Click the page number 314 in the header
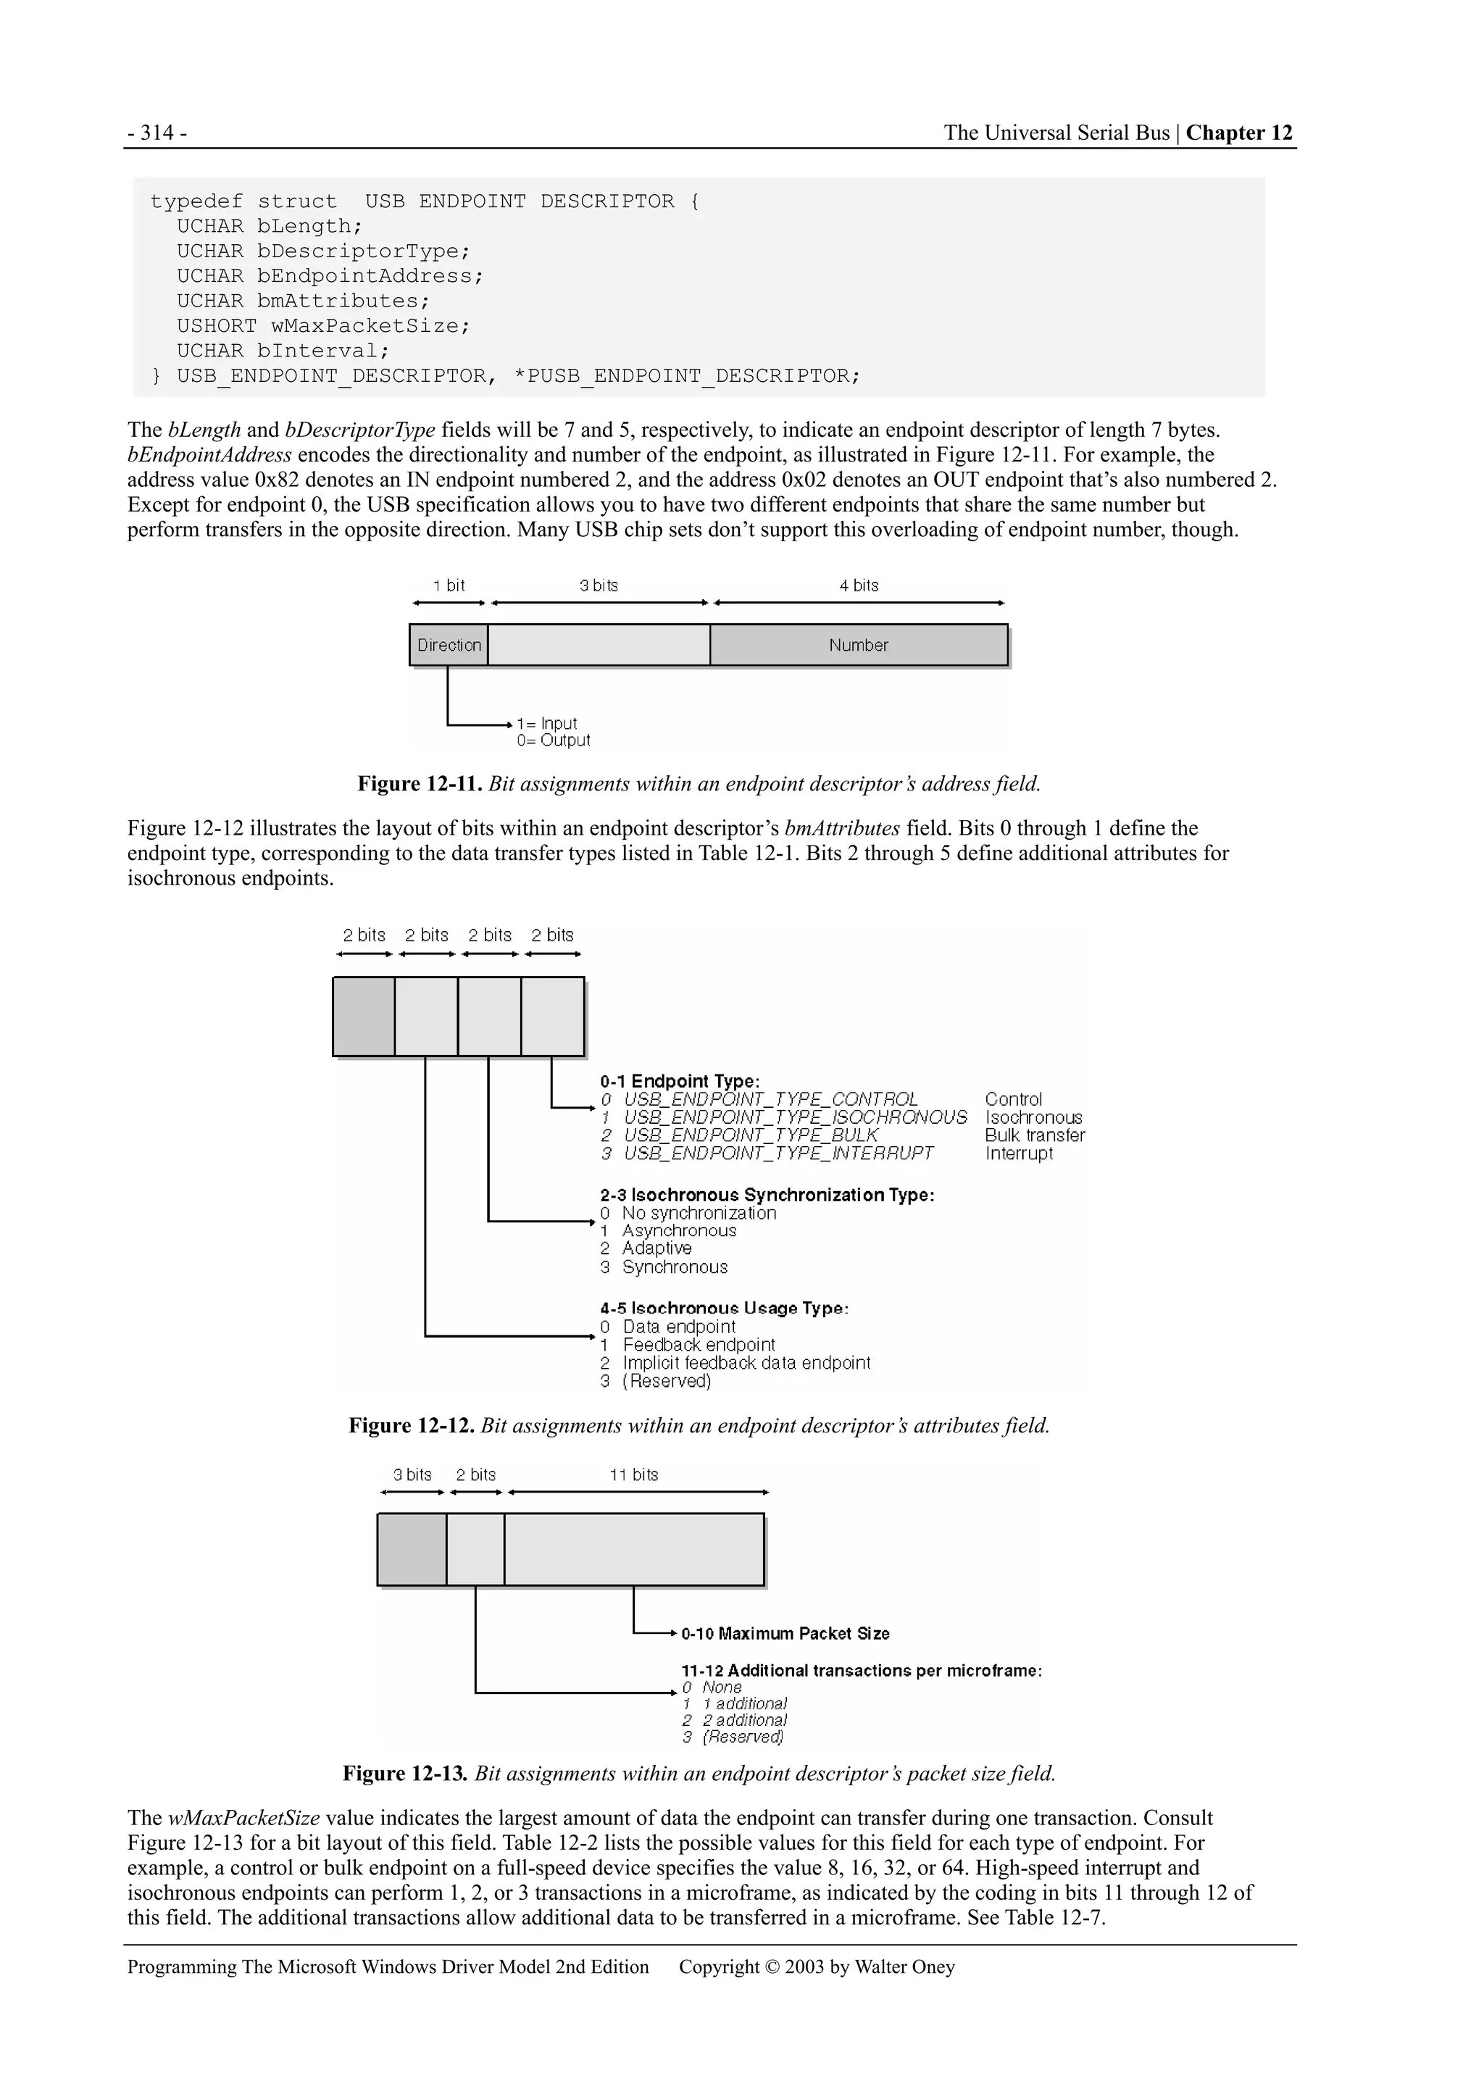[157, 133]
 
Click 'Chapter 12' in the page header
[1239, 133]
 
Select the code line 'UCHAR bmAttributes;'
[303, 301]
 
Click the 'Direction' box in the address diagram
[449, 646]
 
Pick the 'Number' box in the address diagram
[859, 646]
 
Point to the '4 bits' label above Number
[859, 586]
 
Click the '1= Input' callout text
[547, 723]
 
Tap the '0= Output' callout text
[553, 740]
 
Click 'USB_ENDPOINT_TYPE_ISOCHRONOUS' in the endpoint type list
[795, 1117]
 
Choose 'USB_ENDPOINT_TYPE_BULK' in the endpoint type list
[750, 1135]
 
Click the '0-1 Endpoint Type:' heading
[680, 1082]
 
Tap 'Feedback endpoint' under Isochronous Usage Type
[699, 1345]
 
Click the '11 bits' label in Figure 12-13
[633, 1474]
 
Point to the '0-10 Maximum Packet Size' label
[785, 1634]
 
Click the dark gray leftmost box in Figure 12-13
[412, 1550]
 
